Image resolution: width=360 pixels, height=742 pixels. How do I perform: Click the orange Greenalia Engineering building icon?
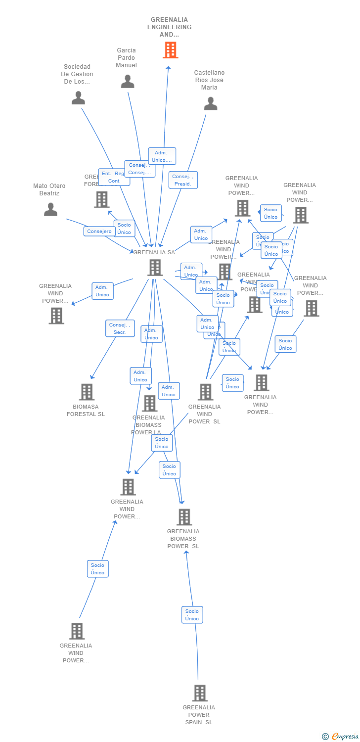point(170,50)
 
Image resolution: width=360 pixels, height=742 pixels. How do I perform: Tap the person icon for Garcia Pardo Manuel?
point(128,82)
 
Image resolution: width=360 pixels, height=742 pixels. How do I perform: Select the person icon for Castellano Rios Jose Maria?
point(211,103)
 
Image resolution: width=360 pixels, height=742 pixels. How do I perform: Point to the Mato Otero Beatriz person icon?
point(50,209)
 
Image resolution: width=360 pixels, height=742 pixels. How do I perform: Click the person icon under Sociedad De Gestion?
point(78,98)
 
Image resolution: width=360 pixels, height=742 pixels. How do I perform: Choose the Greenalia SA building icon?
point(155,268)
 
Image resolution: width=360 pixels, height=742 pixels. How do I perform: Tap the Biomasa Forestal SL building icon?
point(87,392)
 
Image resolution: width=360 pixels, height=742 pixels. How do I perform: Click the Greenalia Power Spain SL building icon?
point(199,693)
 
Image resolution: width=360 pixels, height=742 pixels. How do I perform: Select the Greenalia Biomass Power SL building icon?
point(184,517)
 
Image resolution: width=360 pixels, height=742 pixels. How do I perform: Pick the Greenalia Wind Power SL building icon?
point(205,392)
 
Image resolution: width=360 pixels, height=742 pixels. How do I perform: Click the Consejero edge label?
point(99,231)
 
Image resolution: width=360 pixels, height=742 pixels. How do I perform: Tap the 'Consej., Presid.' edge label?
point(183,180)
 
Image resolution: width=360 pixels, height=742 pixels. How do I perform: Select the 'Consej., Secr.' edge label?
point(120,328)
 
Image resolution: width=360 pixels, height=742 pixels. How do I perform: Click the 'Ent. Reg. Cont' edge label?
point(114,177)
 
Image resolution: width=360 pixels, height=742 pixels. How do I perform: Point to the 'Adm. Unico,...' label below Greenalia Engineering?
point(162,156)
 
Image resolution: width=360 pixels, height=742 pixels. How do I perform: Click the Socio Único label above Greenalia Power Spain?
point(192,615)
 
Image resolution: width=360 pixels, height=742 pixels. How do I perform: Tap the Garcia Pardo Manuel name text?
point(126,58)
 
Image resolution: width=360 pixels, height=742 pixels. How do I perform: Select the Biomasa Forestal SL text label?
point(86,410)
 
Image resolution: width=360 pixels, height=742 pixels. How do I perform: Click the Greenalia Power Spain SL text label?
point(199,715)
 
